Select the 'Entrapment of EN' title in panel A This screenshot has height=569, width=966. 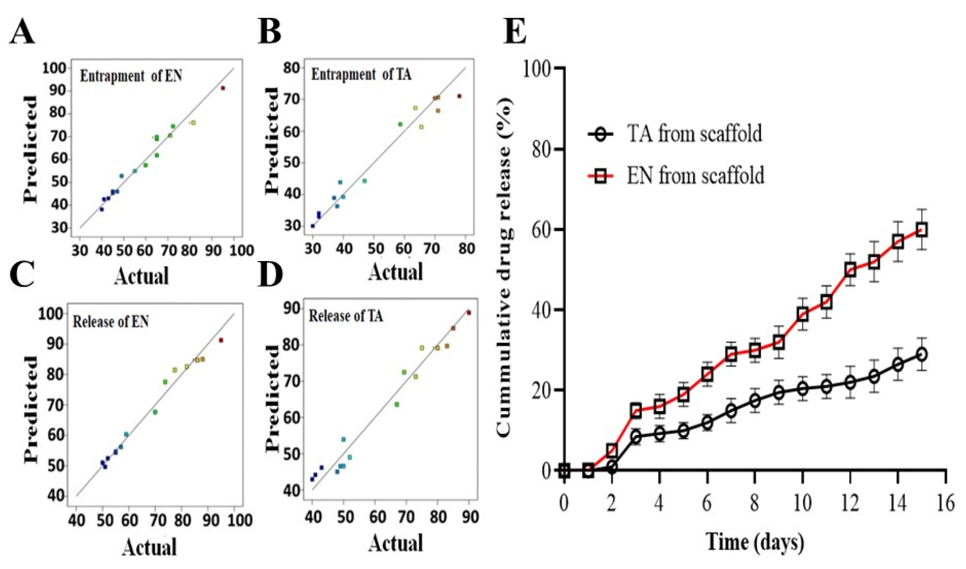click(x=131, y=76)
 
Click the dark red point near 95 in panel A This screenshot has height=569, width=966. click(x=223, y=88)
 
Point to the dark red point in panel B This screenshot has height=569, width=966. click(x=459, y=96)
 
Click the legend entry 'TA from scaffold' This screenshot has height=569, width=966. click(x=694, y=134)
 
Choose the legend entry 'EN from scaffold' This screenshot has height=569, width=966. click(x=695, y=176)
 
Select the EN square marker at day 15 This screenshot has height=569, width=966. click(x=921, y=230)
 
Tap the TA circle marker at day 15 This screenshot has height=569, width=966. click(x=921, y=354)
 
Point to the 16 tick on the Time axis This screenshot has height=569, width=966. click(x=945, y=503)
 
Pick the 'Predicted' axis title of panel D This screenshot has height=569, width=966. click(x=273, y=397)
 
